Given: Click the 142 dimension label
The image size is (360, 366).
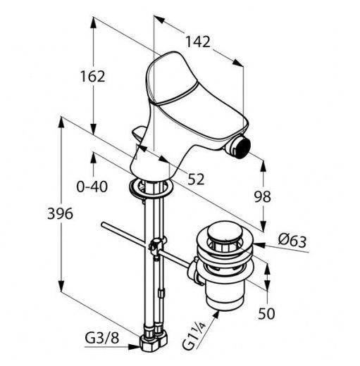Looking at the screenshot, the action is [x=198, y=42].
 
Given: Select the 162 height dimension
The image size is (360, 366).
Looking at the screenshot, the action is [x=92, y=76].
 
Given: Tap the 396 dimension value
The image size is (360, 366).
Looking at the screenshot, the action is [x=60, y=214].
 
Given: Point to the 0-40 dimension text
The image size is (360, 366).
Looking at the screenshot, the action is [x=92, y=187].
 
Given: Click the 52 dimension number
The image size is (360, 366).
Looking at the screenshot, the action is [x=196, y=179].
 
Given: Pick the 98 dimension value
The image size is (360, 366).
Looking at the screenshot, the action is [x=263, y=196].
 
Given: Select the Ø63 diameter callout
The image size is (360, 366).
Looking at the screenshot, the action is [x=292, y=241].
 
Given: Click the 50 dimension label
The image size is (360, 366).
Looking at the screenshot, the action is [x=266, y=313].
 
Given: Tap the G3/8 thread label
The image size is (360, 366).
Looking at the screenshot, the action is [x=102, y=338].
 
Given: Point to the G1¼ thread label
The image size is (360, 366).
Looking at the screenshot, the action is [x=194, y=336].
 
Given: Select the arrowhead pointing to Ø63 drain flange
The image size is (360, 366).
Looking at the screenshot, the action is [x=259, y=245].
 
